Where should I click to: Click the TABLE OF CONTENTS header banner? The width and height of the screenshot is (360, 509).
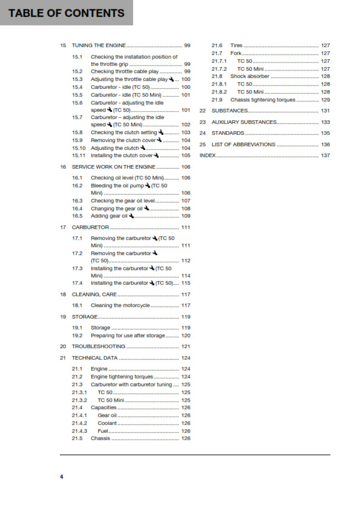tap(66, 13)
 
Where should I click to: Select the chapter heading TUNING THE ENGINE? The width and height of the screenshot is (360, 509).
tap(97, 45)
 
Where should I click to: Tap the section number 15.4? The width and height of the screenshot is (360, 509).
tap(77, 87)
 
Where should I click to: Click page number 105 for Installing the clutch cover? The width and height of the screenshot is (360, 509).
tap(186, 155)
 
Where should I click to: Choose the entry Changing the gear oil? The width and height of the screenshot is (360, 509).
tap(117, 208)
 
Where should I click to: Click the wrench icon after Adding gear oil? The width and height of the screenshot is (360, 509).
tap(131, 216)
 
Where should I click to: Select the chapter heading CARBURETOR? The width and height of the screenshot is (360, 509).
tap(90, 227)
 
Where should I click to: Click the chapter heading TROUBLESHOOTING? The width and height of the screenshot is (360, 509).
tap(98, 346)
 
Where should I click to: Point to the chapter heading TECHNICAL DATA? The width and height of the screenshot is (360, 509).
tap(94, 358)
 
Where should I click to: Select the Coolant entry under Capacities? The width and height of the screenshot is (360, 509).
tap(108, 423)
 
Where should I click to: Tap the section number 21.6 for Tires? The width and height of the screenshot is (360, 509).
tap(217, 45)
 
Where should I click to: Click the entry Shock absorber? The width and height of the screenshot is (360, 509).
tap(249, 77)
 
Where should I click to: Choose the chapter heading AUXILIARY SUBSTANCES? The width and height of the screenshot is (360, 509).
tap(241, 122)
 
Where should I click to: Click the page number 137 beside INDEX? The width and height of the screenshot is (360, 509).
tap(326, 155)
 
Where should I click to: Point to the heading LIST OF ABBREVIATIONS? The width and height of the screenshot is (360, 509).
tap(241, 144)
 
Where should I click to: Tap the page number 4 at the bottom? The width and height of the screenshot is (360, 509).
tap(62, 477)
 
